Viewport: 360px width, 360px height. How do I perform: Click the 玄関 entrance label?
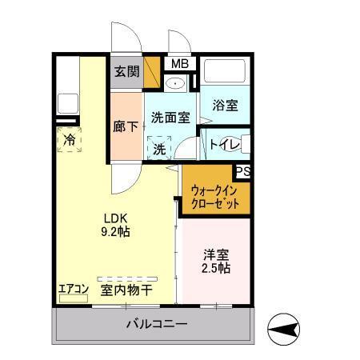pyautogui.click(x=126, y=72)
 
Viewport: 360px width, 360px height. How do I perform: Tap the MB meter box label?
pyautogui.click(x=177, y=64)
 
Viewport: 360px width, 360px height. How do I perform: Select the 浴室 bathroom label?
pyautogui.click(x=224, y=105)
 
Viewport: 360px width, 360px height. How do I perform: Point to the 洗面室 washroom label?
pyautogui.click(x=171, y=118)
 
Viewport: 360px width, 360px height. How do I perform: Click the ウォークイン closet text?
pyautogui.click(x=214, y=190)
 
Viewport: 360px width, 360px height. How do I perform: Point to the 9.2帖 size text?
pyautogui.click(x=114, y=232)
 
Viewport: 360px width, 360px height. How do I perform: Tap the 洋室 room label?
pyautogui.click(x=216, y=254)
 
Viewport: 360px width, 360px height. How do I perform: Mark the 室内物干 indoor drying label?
pyautogui.click(x=126, y=290)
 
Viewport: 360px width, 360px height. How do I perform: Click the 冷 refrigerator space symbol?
pyautogui.click(x=70, y=140)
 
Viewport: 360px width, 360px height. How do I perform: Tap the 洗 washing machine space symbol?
pyautogui.click(x=159, y=149)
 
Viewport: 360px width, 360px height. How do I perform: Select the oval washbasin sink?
pyautogui.click(x=176, y=83)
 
